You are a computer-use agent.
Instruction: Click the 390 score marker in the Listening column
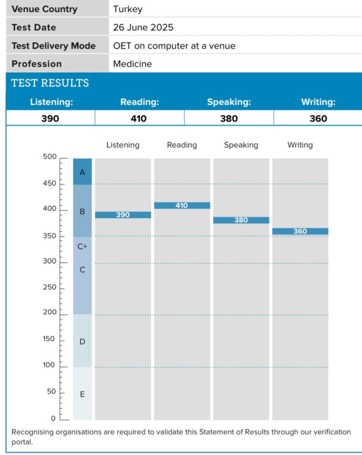(123, 215)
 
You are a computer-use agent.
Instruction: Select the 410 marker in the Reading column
(182, 205)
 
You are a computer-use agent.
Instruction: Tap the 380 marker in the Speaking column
(241, 220)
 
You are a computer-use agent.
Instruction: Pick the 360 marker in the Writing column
(300, 231)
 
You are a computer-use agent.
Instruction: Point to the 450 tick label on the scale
(50, 184)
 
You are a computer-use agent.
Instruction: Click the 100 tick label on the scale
(49, 365)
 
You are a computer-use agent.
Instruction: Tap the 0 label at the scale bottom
(53, 419)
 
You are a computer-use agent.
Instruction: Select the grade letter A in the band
(82, 172)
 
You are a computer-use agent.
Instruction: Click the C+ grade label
(82, 246)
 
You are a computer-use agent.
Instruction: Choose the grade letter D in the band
(82, 342)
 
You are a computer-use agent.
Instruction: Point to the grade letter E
(82, 395)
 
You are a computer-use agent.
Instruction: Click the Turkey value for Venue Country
(127, 9)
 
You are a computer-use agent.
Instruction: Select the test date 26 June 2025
(143, 27)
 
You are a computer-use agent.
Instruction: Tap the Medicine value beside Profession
(132, 64)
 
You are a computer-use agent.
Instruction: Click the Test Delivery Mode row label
(54, 46)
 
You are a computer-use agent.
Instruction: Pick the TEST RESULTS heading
(50, 83)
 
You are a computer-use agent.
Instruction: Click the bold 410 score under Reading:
(139, 118)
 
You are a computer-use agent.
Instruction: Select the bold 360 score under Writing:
(318, 118)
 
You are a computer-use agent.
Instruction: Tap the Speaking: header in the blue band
(229, 102)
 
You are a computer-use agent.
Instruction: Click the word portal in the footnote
(22, 442)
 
